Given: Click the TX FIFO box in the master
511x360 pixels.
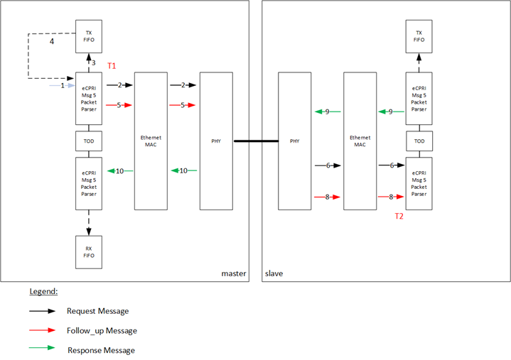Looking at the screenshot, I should coord(89,36).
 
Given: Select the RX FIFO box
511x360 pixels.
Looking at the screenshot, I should coord(89,252).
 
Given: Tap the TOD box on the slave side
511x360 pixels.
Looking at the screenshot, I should coord(419,141).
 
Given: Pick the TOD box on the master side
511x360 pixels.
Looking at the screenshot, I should coord(89,141).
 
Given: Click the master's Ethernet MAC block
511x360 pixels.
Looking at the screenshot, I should coord(151,141).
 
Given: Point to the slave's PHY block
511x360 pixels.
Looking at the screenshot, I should coord(294,141).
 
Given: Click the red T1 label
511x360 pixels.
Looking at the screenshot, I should coord(112,66).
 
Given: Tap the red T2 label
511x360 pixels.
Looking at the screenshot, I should coord(399,217).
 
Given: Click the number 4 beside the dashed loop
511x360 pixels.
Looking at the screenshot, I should coord(51,42).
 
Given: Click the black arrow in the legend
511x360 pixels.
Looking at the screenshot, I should coord(42,311).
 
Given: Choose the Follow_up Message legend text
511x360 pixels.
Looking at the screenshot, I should coord(102,331).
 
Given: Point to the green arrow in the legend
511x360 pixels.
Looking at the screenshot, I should coord(42,350).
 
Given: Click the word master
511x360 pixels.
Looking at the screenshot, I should coord(233,273).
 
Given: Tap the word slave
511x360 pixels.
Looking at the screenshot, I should coord(273,273).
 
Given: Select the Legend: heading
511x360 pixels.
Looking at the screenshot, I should coord(43,292).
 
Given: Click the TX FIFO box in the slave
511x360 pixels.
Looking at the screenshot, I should coord(419,36).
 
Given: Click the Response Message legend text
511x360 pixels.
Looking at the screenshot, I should coord(101,350).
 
